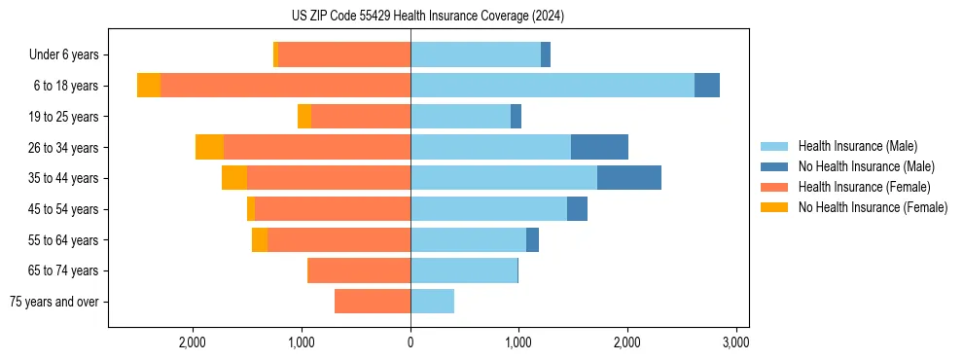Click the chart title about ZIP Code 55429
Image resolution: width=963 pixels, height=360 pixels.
click(x=427, y=16)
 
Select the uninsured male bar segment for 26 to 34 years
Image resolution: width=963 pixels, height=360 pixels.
click(x=599, y=147)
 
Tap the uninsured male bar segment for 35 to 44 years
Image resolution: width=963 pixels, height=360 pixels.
click(x=629, y=178)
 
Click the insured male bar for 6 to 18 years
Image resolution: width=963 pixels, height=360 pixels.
click(x=553, y=86)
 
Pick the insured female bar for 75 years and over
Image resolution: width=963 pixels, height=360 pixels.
click(x=373, y=302)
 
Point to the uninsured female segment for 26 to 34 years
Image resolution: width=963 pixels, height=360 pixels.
click(x=209, y=147)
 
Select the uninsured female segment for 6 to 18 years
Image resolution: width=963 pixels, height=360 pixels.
click(x=149, y=86)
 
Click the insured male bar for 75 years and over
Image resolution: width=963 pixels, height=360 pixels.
click(x=432, y=302)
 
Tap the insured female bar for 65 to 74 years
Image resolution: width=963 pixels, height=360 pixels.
click(x=359, y=270)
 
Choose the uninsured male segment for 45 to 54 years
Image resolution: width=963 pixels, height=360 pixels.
click(x=577, y=209)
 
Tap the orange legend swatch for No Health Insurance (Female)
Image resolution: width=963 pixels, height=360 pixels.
click(x=774, y=207)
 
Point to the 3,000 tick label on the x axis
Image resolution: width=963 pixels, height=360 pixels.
click(x=735, y=342)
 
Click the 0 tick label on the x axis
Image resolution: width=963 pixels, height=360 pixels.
click(x=410, y=342)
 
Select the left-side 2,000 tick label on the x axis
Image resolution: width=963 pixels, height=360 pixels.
click(x=193, y=342)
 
